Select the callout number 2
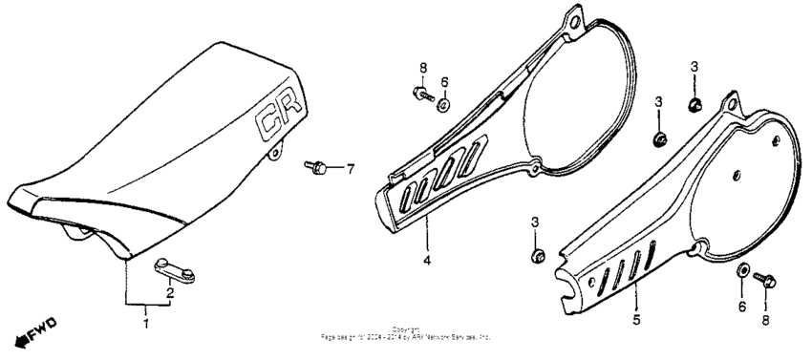171,292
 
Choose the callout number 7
350,170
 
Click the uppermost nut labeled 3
694,101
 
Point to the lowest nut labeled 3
535,256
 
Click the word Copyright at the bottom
406,329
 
